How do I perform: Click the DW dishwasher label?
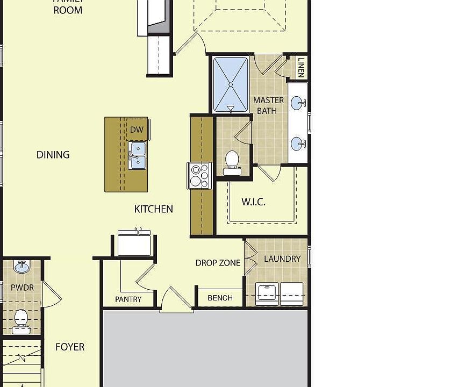(x=137, y=130)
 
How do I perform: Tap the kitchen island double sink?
(x=137, y=155)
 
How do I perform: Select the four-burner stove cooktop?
(x=199, y=176)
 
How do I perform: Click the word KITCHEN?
(x=154, y=209)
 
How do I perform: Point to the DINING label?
(x=53, y=155)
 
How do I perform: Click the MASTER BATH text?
(x=268, y=105)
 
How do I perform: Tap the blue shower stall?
(x=231, y=84)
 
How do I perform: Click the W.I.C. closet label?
(x=253, y=202)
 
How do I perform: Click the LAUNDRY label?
(x=282, y=259)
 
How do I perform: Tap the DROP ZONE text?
(x=218, y=263)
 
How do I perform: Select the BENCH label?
(x=220, y=298)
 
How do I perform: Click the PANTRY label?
(x=128, y=299)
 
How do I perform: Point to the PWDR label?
(x=22, y=288)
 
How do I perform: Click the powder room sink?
(x=22, y=267)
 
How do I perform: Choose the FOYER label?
(x=70, y=347)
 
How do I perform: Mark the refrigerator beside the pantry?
(x=134, y=243)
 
